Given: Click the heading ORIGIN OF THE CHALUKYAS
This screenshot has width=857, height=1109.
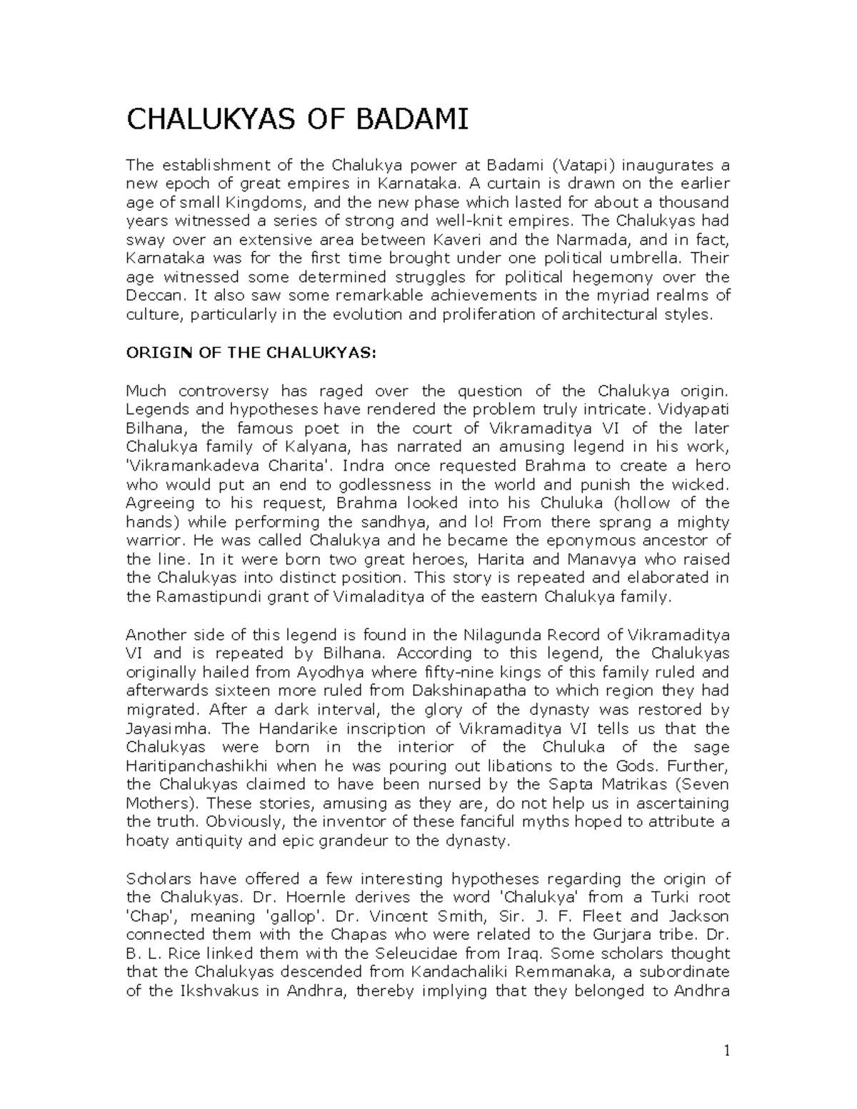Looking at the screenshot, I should [x=250, y=353].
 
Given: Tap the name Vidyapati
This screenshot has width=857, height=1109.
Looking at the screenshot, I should [x=694, y=409].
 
